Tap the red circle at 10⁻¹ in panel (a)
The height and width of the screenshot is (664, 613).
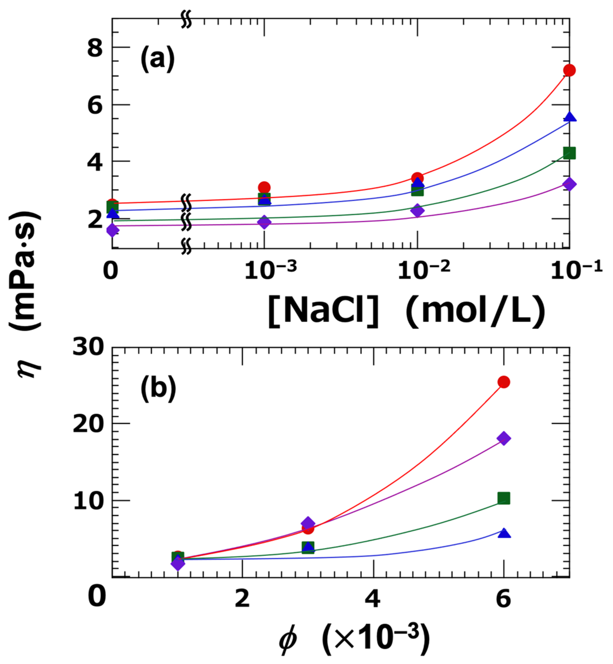pos(569,70)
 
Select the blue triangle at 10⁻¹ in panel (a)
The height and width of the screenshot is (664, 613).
pos(570,117)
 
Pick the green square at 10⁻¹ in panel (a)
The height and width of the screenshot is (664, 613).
pos(570,153)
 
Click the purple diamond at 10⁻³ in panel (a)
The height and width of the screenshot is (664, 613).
pos(264,222)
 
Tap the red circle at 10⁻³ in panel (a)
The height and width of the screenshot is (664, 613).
pos(264,187)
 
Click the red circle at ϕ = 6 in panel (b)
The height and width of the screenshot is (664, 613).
pos(504,382)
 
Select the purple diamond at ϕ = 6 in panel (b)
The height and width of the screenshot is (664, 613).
pos(504,438)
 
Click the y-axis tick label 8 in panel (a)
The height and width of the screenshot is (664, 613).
pos(95,48)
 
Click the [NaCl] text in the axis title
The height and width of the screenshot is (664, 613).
pos(323,311)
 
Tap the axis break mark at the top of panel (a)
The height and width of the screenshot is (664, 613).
pos(186,20)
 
